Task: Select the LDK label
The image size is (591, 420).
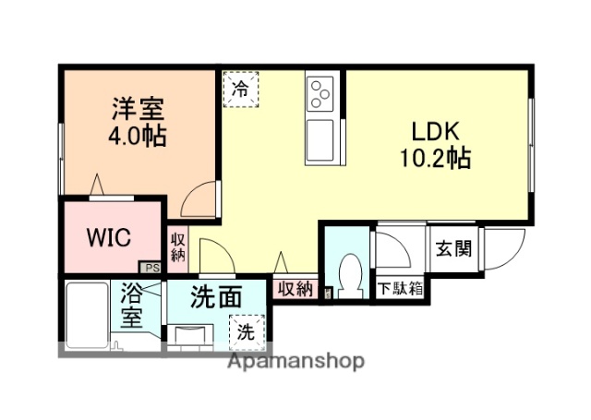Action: pos(424,130)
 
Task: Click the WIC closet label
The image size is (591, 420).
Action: pos(109,238)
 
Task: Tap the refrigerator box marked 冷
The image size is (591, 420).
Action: pos(240,90)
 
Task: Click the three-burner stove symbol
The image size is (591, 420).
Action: pos(321,92)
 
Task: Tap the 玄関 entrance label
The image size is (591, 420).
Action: pos(455,248)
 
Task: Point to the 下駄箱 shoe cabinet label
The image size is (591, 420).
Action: pos(400,289)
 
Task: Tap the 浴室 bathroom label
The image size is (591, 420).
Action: pos(132,306)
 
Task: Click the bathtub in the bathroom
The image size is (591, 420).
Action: pos(88,313)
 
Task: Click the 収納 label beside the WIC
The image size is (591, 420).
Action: pos(178,246)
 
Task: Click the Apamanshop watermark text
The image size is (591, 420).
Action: pos(295,361)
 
